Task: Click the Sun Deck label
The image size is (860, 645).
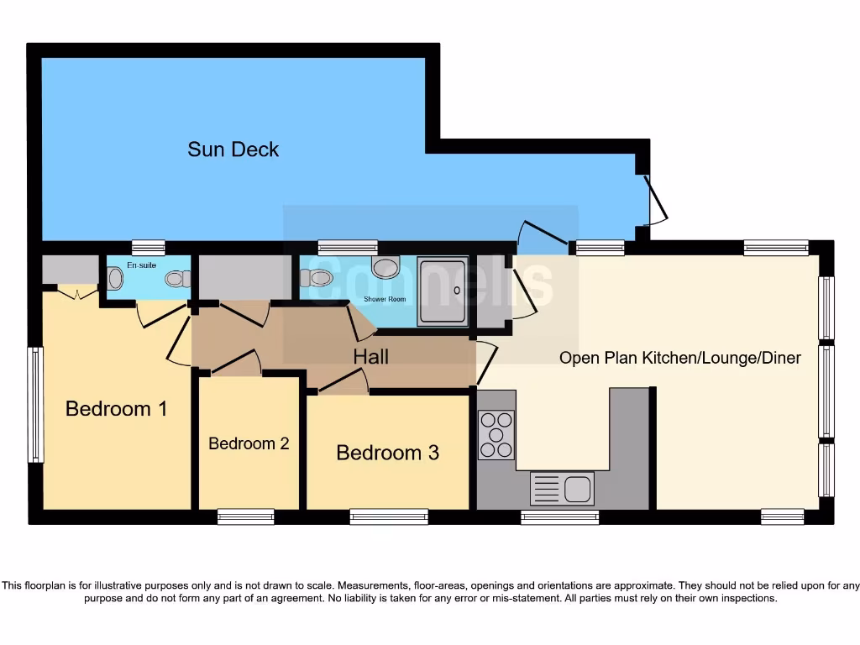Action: point(233,149)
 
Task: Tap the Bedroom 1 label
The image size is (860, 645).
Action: point(116,409)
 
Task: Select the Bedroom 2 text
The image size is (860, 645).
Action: point(249,443)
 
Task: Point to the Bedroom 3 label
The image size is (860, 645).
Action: point(387,453)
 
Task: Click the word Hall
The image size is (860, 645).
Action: point(370,357)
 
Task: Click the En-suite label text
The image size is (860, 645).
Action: point(142,265)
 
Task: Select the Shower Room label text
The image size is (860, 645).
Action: point(385,299)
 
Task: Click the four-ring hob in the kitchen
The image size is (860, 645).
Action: point(496,434)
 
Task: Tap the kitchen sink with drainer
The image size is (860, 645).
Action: point(562,489)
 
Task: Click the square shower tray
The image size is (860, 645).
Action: point(442,291)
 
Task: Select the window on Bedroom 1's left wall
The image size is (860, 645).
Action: point(35,405)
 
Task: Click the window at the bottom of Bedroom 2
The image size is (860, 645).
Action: point(245,517)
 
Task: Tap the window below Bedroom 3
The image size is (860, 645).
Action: point(389,517)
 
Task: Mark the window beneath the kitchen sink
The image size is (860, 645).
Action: point(559,517)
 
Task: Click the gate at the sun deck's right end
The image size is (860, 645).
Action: point(656,200)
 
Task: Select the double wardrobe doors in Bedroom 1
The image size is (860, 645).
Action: point(76,293)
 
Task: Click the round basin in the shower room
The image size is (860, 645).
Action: point(385,268)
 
